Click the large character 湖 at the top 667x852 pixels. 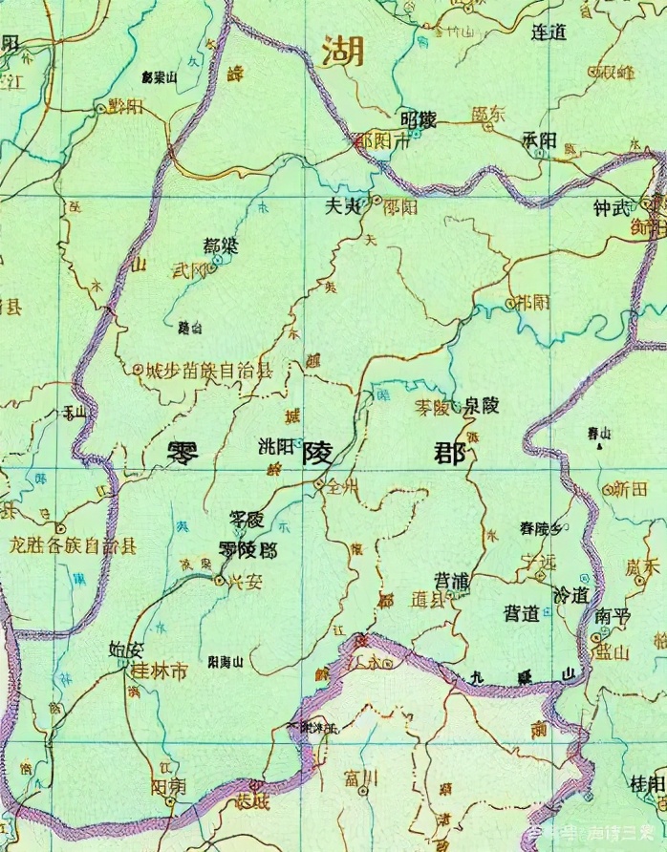coord(343,51)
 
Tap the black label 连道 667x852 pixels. coord(549,32)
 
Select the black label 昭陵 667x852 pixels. coord(419,120)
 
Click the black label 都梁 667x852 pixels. coord(221,246)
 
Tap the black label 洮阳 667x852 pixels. coord(277,446)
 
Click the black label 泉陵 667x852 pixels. coord(480,406)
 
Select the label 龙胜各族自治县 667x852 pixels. coord(73,546)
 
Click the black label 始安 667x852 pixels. coord(127,651)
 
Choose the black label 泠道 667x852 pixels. coord(571,594)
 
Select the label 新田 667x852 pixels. coord(630,488)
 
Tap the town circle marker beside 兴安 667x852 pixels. coord(221,580)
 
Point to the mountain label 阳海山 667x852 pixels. coord(226,661)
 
